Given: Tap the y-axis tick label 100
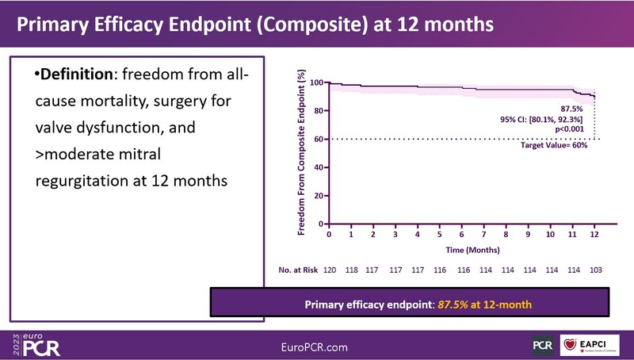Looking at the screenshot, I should tap(317, 82).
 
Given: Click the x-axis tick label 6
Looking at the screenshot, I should tap(461, 235).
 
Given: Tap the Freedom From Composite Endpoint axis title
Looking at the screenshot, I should tap(302, 152).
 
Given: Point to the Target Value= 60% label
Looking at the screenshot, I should tap(552, 146).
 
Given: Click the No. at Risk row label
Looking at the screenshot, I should tap(297, 270).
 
